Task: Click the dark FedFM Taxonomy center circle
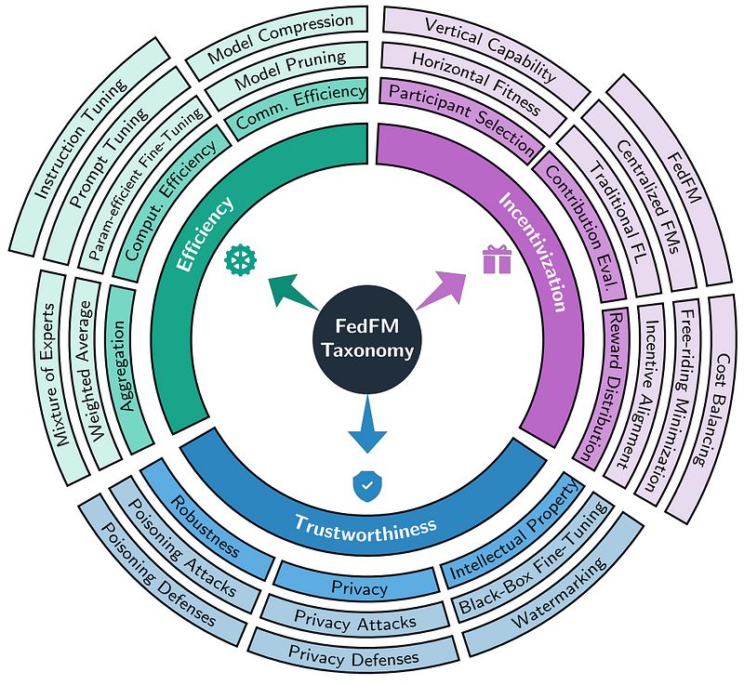366,339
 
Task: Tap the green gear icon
241,259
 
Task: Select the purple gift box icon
497,258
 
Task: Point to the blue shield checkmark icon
366,485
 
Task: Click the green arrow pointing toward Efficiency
292,292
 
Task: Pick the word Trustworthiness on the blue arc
365,525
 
